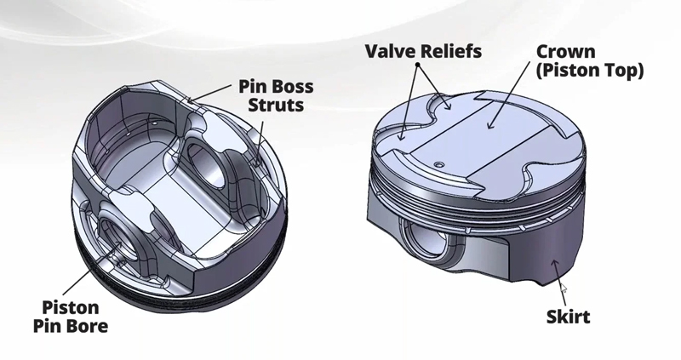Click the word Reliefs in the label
(x=451, y=51)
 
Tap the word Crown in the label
(x=565, y=52)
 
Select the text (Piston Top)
(x=589, y=70)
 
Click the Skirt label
(x=568, y=317)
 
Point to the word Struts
(x=276, y=105)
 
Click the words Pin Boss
(x=276, y=87)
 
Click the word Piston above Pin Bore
(x=71, y=307)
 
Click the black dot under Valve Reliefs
(x=418, y=66)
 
